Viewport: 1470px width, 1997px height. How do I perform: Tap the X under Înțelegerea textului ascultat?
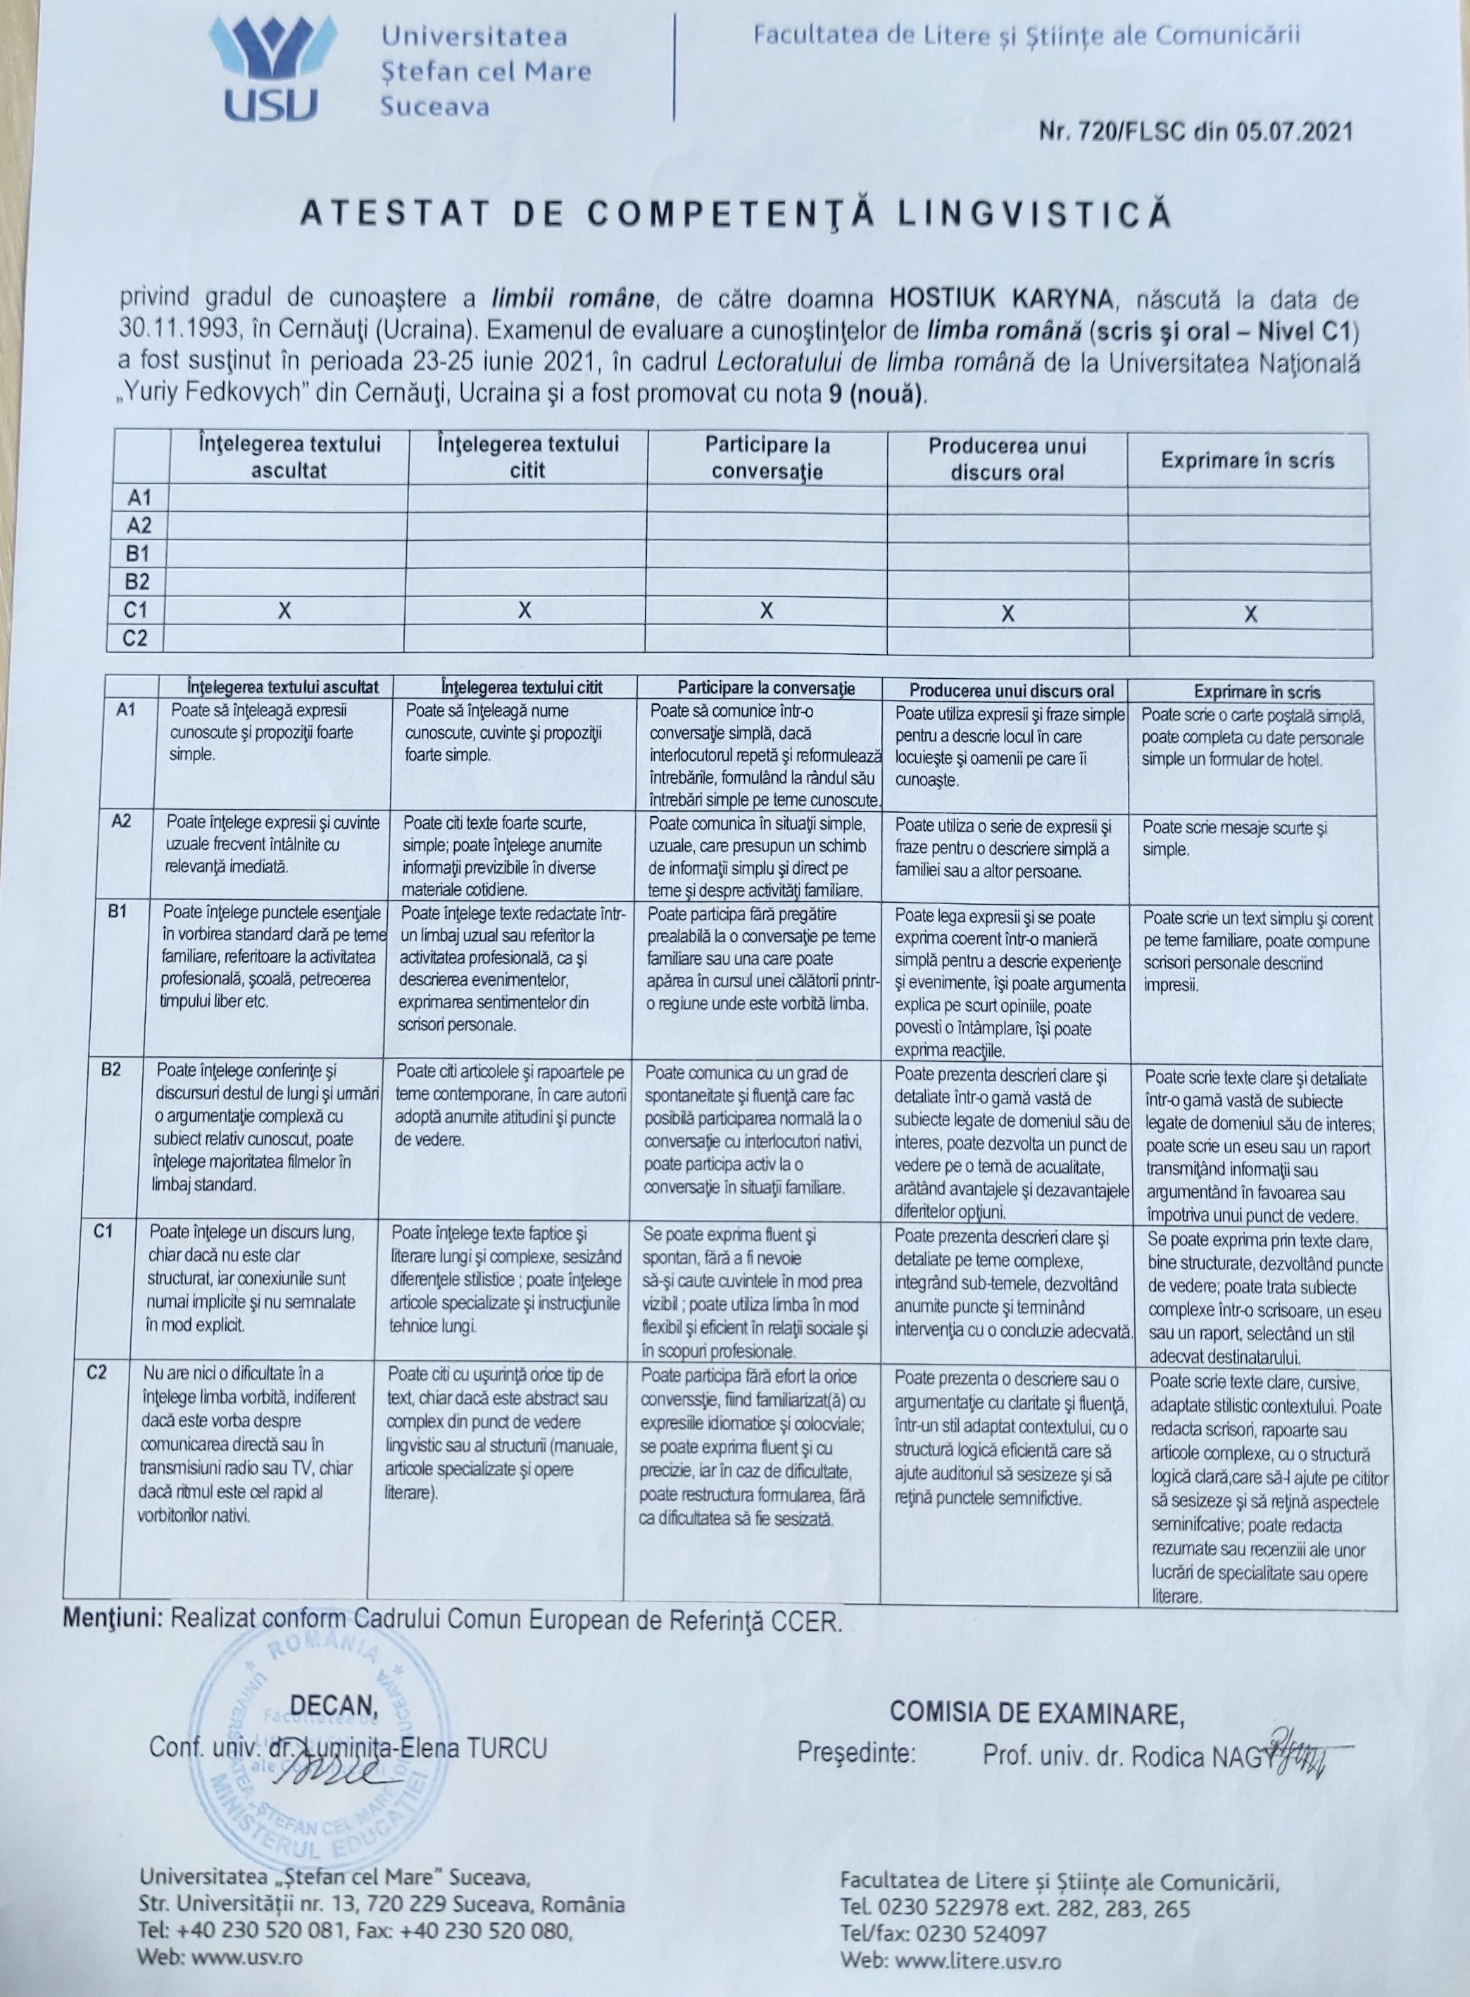284,611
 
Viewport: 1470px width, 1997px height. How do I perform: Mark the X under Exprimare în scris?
1250,614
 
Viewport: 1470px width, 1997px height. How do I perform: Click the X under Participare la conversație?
766,611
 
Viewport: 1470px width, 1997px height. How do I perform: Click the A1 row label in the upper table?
139,496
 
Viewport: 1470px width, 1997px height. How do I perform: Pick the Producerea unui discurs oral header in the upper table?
1007,458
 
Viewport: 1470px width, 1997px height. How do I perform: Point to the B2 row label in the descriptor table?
111,1070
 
